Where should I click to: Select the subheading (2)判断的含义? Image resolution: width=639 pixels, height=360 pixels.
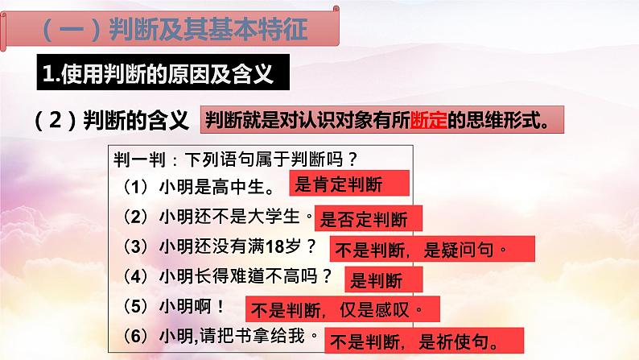click(x=113, y=122)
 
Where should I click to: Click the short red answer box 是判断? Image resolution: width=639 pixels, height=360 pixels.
click(x=373, y=279)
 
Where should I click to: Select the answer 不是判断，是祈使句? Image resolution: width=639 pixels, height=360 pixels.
click(x=418, y=338)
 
